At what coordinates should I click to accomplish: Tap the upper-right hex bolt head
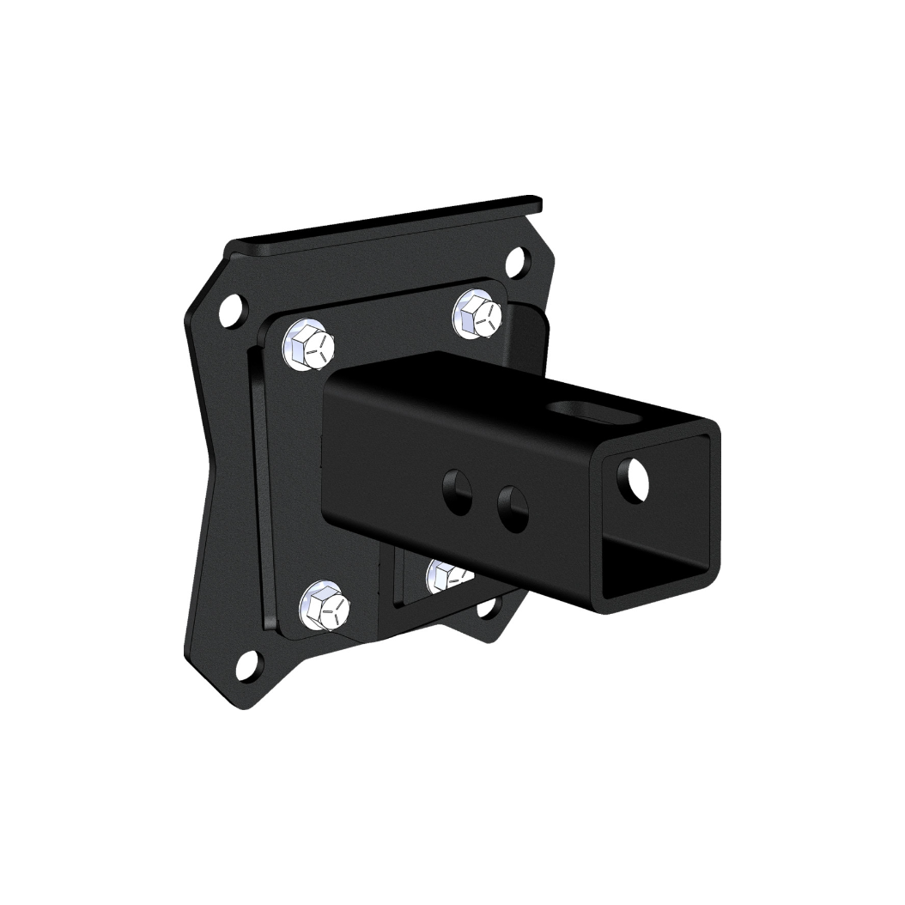tap(477, 314)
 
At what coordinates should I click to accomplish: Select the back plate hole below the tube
tap(489, 606)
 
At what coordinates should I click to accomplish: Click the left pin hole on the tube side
tap(458, 493)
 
